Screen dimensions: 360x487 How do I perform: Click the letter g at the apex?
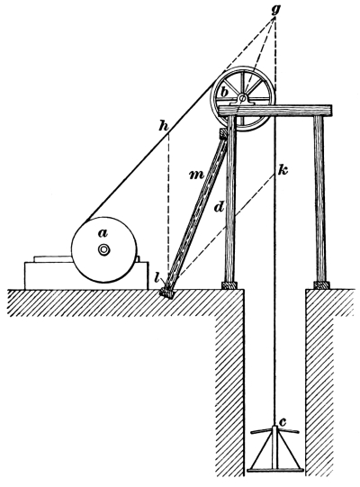point(275,9)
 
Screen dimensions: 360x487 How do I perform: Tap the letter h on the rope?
point(164,126)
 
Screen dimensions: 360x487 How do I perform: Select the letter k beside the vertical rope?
point(283,169)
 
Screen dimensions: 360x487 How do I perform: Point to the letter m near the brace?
point(196,176)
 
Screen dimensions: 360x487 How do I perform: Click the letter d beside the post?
point(219,207)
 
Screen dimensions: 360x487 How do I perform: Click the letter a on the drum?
point(103,233)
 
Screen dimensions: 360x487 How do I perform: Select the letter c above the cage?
point(283,422)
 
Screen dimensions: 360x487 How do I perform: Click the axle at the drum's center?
point(103,249)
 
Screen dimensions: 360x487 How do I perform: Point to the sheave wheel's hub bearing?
point(243,100)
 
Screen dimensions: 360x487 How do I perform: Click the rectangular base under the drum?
point(86,275)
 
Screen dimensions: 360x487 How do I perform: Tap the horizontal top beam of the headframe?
point(275,110)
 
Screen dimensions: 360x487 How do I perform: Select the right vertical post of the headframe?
point(319,198)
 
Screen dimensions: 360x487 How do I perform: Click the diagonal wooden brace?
point(196,212)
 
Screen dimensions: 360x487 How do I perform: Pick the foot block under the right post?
point(322,284)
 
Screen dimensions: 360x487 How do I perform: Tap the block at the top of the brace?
point(223,133)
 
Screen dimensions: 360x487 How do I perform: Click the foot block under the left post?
point(229,285)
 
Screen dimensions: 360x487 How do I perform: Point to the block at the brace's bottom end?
point(167,293)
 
